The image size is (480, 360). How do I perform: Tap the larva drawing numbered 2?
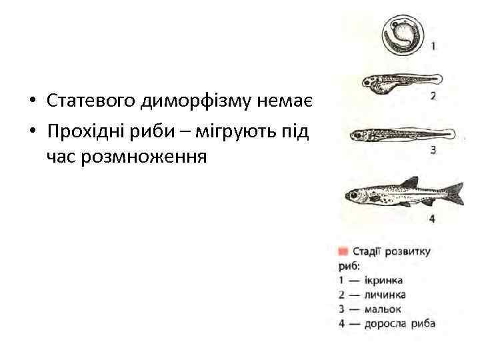(396, 84)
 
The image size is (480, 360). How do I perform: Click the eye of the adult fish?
(353, 195)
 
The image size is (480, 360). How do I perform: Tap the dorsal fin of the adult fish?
(408, 181)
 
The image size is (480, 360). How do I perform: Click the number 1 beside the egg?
(433, 47)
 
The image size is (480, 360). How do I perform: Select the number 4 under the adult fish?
(432, 218)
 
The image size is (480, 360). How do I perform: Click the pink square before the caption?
(343, 251)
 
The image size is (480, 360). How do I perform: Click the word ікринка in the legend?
(383, 281)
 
